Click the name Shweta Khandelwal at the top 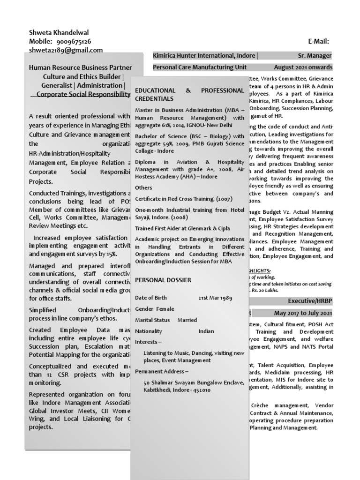click(59, 33)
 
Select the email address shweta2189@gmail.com click(66, 50)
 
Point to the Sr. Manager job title click(315, 55)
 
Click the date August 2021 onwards click(303, 67)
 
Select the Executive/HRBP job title click(310, 301)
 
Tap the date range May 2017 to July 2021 click(303, 313)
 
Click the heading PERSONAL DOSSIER click(163, 280)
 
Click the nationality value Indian click(206, 331)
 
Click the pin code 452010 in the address click(201, 390)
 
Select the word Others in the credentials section click(143, 187)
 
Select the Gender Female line click(154, 309)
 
